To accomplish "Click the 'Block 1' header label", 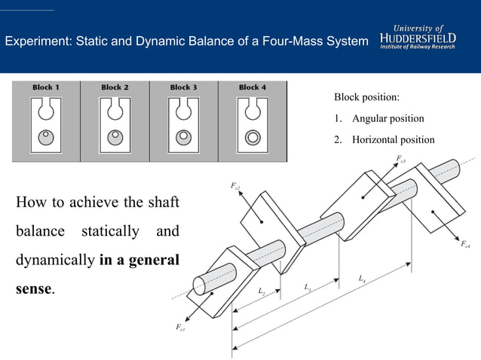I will (x=47, y=87).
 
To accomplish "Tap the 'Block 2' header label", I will (x=115, y=87).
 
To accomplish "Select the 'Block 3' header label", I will (x=183, y=87).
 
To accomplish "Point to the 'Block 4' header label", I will (x=253, y=87).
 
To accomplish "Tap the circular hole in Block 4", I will (x=253, y=137).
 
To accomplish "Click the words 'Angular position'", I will (x=388, y=118).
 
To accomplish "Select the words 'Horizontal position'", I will (x=393, y=139).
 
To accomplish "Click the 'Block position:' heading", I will (x=366, y=98).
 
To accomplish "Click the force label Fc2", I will (x=235, y=185).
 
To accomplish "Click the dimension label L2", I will (x=261, y=291).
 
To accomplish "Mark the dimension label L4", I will (x=363, y=279).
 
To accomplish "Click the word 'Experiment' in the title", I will (x=36, y=40).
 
